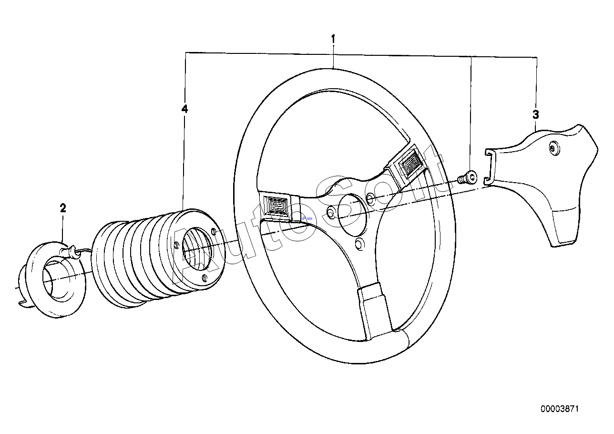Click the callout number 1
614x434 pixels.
click(x=333, y=39)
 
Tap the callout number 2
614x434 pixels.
click(x=63, y=208)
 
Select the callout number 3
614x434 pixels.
click(x=536, y=114)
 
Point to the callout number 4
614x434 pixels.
click(x=184, y=109)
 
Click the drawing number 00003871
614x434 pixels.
click(x=560, y=409)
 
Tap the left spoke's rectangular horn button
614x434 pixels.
click(x=277, y=207)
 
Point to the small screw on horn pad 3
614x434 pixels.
click(x=553, y=148)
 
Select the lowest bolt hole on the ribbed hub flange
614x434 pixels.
click(x=205, y=278)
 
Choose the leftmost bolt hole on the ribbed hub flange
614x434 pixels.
click(x=177, y=245)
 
